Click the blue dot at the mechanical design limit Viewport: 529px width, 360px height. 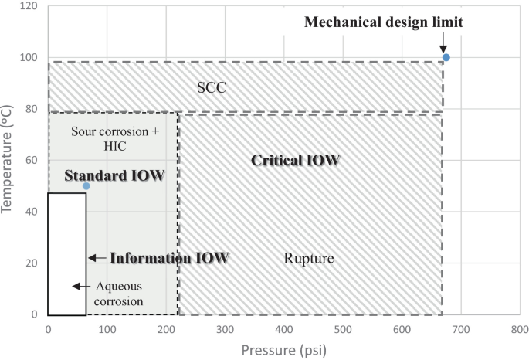(x=446, y=58)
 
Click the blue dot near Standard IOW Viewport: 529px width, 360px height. (x=86, y=186)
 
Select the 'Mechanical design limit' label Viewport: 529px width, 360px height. (x=383, y=22)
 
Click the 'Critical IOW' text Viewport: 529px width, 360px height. (x=297, y=161)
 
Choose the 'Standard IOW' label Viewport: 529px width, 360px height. (x=114, y=176)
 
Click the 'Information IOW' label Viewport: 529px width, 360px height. (x=169, y=258)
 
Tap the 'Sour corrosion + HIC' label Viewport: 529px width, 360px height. (x=114, y=138)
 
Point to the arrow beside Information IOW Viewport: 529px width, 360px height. (x=96, y=258)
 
